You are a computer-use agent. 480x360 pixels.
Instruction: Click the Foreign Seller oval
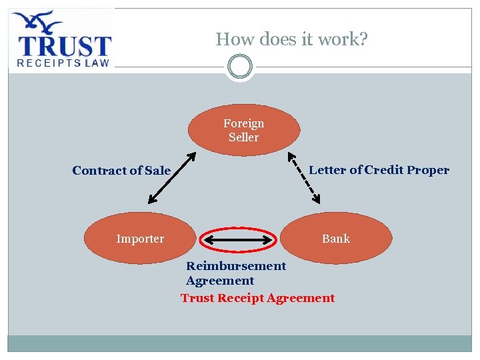tap(243, 130)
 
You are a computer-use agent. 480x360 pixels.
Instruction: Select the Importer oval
tap(140, 238)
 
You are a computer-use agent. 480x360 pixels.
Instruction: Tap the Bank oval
tap(336, 238)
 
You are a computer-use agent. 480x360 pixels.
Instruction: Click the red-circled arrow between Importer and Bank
tap(239, 239)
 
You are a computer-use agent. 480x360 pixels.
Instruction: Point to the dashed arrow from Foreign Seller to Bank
tap(304, 177)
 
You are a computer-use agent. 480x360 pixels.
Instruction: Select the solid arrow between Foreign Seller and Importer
tap(172, 177)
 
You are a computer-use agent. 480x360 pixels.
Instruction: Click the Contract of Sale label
tap(121, 171)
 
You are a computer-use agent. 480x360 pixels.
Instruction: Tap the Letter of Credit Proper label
tap(379, 170)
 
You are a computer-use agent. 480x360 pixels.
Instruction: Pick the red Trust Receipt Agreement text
tap(257, 298)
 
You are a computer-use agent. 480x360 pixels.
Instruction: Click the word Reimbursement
tap(236, 266)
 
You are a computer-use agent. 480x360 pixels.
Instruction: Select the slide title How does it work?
tap(291, 39)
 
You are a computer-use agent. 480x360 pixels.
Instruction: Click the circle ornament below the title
tap(239, 67)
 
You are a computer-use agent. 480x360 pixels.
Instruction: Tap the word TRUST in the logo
tap(64, 46)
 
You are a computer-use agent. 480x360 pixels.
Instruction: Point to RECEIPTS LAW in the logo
tap(63, 63)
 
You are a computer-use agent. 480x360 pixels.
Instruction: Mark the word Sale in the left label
tap(158, 171)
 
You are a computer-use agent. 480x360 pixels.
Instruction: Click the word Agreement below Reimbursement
tap(220, 281)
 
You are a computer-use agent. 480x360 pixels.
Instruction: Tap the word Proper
tap(428, 170)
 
